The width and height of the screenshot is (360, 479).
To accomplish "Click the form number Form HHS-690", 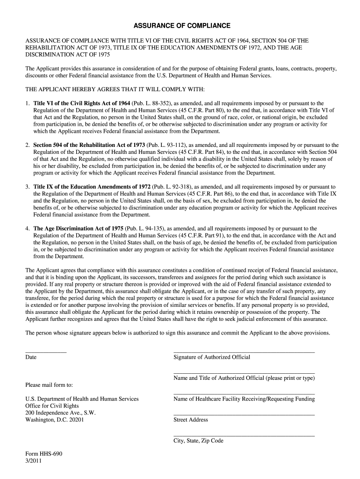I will click(43, 454).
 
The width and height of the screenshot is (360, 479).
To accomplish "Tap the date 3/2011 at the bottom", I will click(34, 461).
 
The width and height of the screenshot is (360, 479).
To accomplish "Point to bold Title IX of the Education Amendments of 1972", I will click(92, 187).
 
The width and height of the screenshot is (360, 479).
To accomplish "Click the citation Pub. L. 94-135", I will click(144, 229).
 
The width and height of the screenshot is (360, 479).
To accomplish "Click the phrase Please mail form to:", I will click(49, 385).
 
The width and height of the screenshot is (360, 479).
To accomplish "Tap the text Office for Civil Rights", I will click(52, 406).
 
